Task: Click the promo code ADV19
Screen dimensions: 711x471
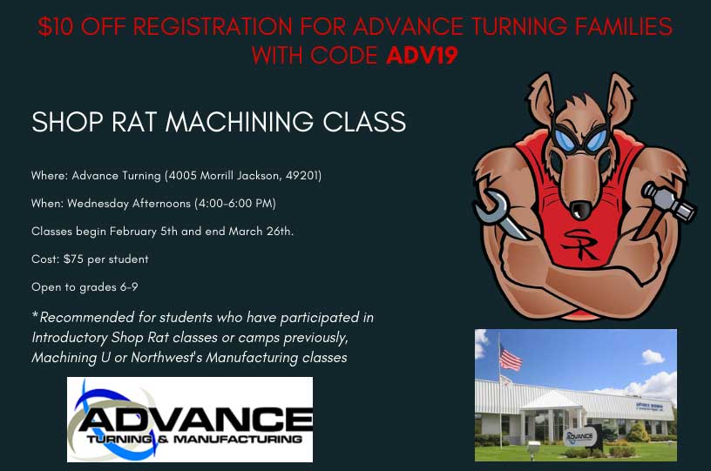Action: click(x=422, y=55)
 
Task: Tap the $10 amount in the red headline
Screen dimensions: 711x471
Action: click(x=55, y=26)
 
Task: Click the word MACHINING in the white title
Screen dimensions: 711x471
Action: click(x=240, y=122)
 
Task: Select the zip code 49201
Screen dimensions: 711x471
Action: click(x=303, y=176)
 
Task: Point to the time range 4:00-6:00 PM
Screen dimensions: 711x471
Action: click(x=235, y=204)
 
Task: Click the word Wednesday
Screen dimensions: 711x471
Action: click(x=98, y=204)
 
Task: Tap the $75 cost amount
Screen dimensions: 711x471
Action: click(x=73, y=259)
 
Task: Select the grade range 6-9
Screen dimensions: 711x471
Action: click(x=129, y=287)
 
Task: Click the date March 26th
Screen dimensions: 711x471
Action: click(x=261, y=232)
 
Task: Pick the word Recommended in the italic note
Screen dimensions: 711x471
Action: click(x=86, y=318)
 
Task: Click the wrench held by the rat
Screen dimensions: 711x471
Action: click(x=498, y=212)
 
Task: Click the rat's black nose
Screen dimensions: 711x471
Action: click(x=580, y=209)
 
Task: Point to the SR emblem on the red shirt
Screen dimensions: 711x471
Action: click(x=580, y=244)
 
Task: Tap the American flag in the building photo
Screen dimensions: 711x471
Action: click(x=510, y=357)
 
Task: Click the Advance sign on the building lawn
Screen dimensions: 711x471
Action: click(x=579, y=436)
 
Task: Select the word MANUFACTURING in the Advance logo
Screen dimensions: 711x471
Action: click(x=238, y=439)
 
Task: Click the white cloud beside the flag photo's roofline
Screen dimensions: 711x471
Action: click(x=653, y=357)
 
